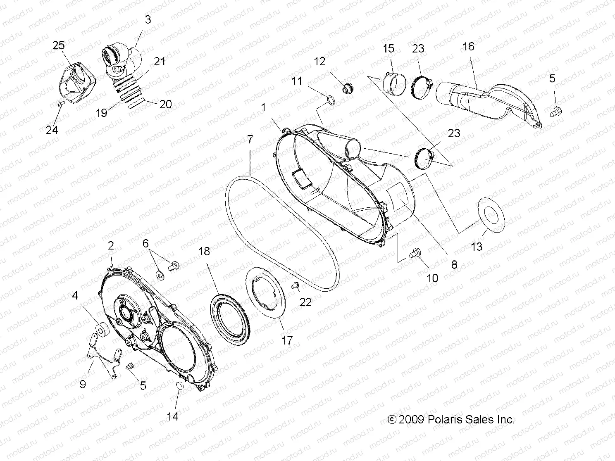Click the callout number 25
59,45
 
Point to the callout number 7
250,139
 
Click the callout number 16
468,46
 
